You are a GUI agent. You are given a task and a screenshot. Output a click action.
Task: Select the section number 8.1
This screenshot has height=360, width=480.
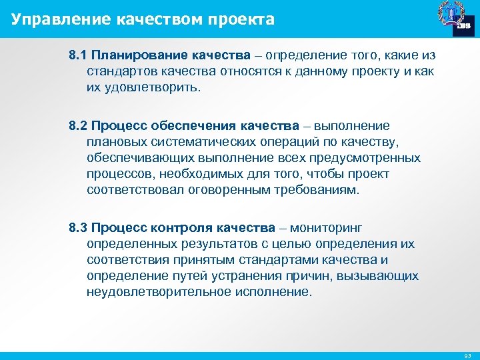[78, 53]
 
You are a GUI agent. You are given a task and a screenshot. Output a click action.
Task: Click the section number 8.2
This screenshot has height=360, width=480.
[78, 126]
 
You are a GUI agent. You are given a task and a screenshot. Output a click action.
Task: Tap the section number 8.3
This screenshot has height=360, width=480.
[78, 228]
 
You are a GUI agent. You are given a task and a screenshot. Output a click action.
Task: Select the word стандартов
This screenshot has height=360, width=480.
[119, 69]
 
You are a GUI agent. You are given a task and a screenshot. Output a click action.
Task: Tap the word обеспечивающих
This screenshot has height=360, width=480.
[138, 158]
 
